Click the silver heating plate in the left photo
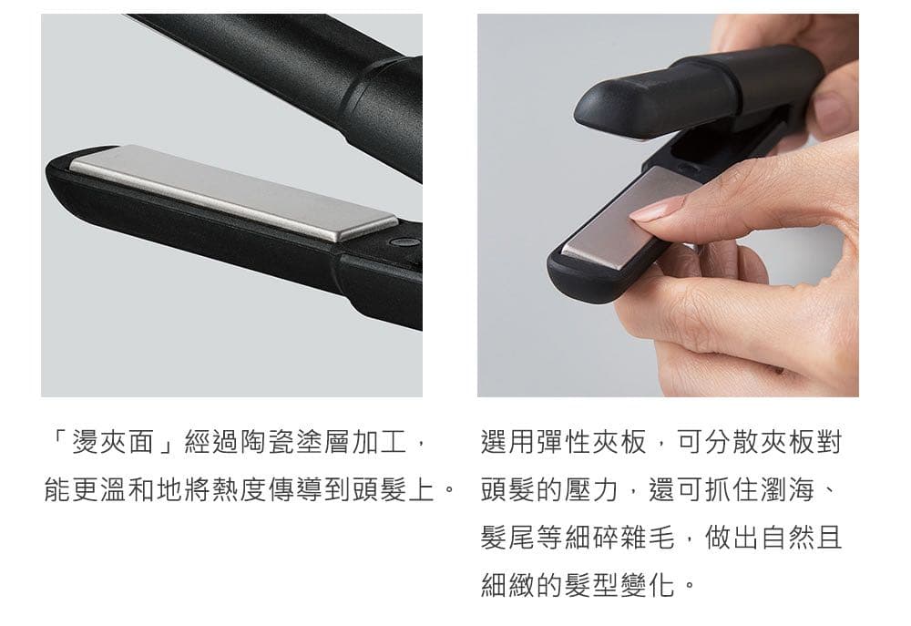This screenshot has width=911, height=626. point(232,192)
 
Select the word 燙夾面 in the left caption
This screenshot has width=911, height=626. point(113,442)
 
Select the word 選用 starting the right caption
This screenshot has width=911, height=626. point(507,442)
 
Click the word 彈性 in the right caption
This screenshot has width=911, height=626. point(564,442)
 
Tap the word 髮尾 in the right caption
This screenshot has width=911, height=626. point(507,537)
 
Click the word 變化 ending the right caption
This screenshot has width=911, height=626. point(648,584)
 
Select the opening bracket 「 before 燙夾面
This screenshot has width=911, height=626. point(58,442)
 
